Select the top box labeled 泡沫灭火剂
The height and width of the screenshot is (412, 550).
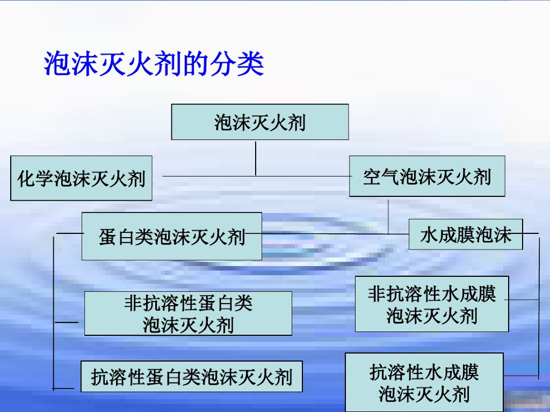click(260, 122)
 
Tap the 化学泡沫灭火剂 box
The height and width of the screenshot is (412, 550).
click(82, 178)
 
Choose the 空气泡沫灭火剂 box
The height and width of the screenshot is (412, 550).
click(427, 176)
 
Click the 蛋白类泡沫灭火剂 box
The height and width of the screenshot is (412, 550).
click(172, 236)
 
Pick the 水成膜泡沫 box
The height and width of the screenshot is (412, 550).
click(466, 234)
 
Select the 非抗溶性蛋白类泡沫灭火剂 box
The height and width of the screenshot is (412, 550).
click(188, 314)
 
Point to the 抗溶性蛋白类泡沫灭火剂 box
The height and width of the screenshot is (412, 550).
click(191, 377)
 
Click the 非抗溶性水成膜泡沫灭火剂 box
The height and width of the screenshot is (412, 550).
click(432, 304)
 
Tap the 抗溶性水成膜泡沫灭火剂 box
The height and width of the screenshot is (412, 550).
click(424, 382)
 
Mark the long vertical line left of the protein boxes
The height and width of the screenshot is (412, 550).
click(54, 311)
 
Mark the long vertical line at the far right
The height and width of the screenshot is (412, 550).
click(538, 306)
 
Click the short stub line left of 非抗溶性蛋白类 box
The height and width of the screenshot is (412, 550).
click(67, 322)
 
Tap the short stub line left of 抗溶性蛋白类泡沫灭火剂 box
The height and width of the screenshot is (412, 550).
click(63, 388)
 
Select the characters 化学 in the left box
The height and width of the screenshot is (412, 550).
click(35, 178)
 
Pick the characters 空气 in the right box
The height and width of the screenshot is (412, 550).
click(381, 176)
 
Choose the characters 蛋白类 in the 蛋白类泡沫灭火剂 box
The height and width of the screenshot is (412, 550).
click(126, 236)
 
